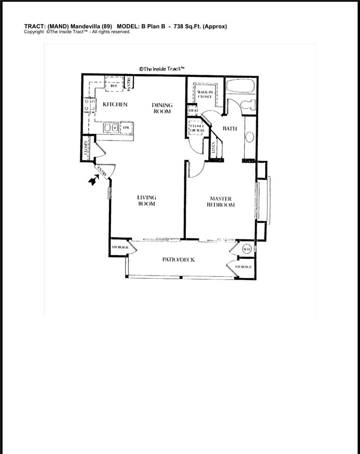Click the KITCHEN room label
pos(115,104)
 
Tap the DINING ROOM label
pos(162,108)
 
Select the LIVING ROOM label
pos(147,201)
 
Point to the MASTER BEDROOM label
pos(222,202)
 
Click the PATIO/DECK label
pos(178,260)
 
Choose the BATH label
pos(230,129)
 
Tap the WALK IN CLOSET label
pos(205,94)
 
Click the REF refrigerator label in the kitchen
pos(114,85)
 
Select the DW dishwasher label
pos(125,127)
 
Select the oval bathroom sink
pos(250,137)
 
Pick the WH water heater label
pos(246,249)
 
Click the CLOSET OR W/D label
pos(196,129)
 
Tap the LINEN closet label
pos(214,147)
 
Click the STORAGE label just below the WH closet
pos(244,266)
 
